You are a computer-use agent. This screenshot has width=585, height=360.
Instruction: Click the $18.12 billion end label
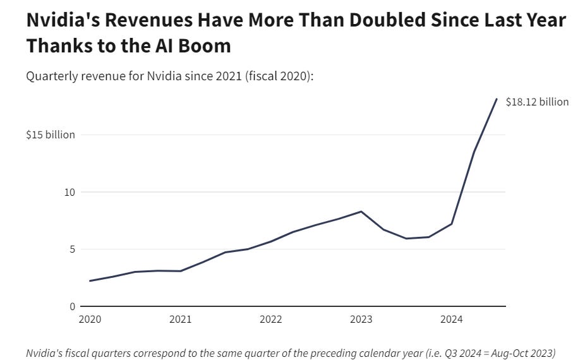pyautogui.click(x=537, y=102)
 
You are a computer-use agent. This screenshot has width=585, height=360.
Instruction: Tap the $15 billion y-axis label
pyautogui.click(x=51, y=135)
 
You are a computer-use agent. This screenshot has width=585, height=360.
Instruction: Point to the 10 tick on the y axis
pyautogui.click(x=69, y=192)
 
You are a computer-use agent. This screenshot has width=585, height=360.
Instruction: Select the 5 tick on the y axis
pyautogui.click(x=72, y=249)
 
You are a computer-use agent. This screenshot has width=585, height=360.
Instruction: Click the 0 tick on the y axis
pyautogui.click(x=72, y=306)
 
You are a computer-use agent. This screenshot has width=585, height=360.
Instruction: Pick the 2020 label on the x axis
pyautogui.click(x=90, y=320)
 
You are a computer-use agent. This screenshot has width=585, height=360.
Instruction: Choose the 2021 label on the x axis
pyautogui.click(x=180, y=320)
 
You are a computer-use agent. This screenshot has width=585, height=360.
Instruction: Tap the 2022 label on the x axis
pyautogui.click(x=270, y=320)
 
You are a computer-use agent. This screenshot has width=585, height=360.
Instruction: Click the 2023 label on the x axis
pyautogui.click(x=361, y=320)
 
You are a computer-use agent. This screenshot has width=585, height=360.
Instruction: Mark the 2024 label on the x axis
pyautogui.click(x=451, y=320)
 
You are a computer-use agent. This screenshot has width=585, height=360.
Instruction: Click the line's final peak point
pyautogui.click(x=497, y=99)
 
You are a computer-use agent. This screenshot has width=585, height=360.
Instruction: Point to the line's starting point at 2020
pyautogui.click(x=90, y=281)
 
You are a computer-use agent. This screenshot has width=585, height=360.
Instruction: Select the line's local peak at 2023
pyautogui.click(x=361, y=212)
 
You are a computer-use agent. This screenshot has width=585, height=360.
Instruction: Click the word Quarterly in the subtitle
pyautogui.click(x=49, y=76)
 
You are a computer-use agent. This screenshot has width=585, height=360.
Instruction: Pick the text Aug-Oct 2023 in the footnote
pyautogui.click(x=521, y=353)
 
